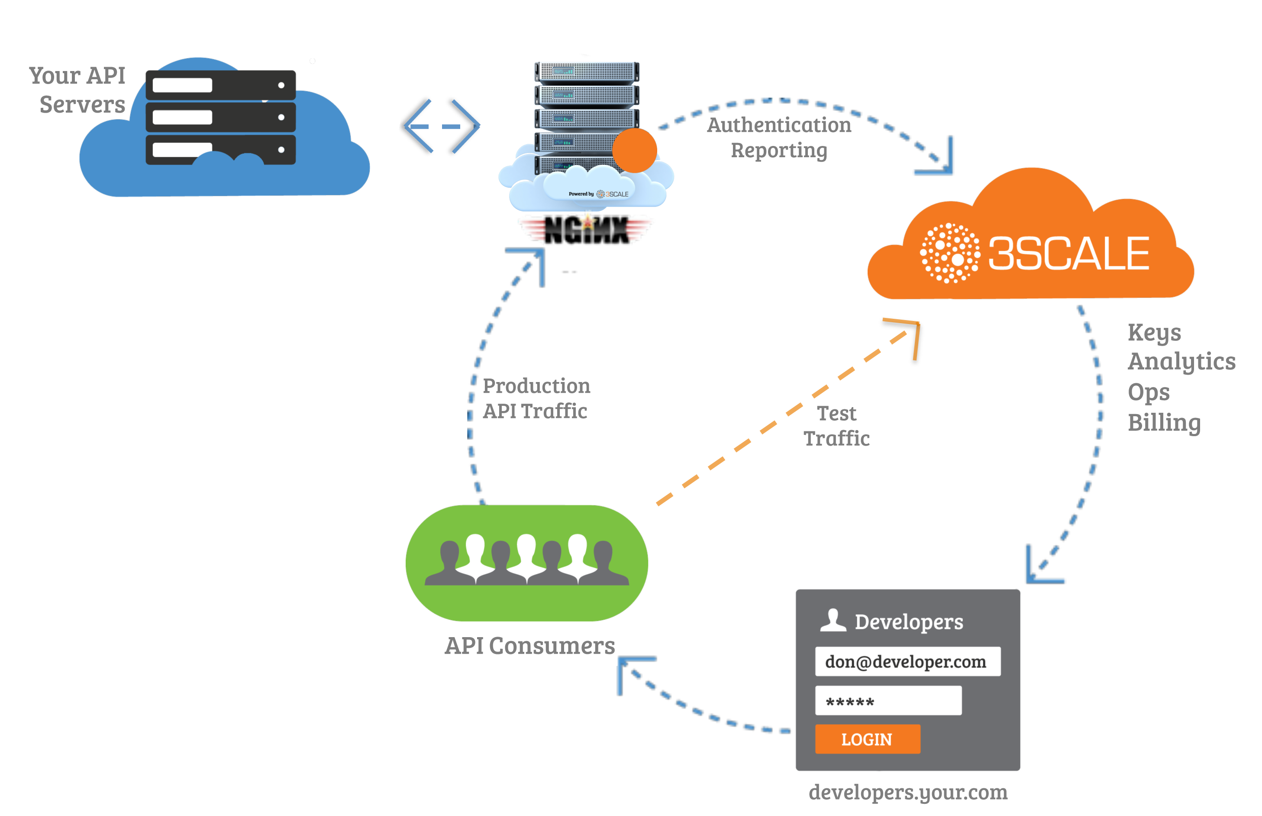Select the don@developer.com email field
907,661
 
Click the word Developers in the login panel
908,622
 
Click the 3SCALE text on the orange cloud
1068,254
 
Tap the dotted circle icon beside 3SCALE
949,253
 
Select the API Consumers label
529,646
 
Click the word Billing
1163,423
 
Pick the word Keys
1153,333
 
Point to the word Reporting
778,150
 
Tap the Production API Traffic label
536,398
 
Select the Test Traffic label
836,425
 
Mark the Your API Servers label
78,90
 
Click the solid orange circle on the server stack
634,150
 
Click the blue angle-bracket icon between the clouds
441,126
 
